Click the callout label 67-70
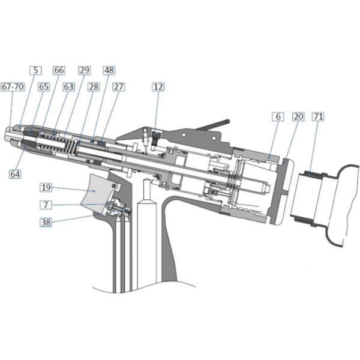click(x=13, y=87)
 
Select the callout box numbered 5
click(x=35, y=70)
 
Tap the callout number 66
click(x=59, y=70)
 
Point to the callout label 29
click(x=85, y=70)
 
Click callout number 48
click(x=109, y=70)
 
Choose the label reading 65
click(x=44, y=87)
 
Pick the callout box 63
click(x=68, y=87)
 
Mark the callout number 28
click(x=94, y=87)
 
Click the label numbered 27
click(x=118, y=87)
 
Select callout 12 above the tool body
click(x=158, y=87)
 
